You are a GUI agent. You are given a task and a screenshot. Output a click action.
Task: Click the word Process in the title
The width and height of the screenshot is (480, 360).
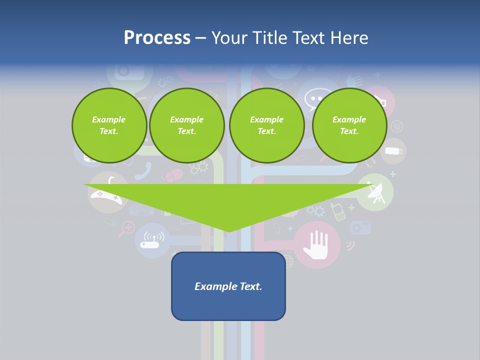pos(157,38)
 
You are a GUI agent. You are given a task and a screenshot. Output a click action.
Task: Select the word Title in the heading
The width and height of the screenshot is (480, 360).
pos(270,38)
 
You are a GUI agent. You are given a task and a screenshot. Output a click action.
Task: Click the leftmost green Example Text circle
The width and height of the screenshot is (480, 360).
pos(109,125)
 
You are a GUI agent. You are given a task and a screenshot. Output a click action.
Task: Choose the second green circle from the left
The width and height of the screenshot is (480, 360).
pos(186,125)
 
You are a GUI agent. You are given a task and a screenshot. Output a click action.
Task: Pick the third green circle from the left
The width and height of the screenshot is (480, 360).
pos(266,125)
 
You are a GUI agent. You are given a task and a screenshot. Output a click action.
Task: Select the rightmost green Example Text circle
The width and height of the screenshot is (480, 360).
pos(349,125)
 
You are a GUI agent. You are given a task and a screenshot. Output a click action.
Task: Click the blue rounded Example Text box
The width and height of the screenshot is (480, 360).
pos(228,286)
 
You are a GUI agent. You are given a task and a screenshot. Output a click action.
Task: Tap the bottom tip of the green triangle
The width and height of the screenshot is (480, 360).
pos(228,231)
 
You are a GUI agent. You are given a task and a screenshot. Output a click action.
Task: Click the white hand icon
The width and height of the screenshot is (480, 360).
pos(317,245)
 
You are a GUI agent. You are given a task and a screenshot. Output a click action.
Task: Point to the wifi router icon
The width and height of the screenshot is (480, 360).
pos(151,241)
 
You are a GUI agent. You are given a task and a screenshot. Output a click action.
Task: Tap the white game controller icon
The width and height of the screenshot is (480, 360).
pos(106,197)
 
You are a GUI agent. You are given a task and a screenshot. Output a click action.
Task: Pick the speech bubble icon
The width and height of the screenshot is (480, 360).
pos(314,97)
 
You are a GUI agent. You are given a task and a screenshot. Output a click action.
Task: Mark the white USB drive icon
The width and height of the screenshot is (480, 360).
pos(394,151)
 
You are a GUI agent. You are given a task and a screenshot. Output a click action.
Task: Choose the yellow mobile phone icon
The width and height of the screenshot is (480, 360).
pos(338,211)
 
